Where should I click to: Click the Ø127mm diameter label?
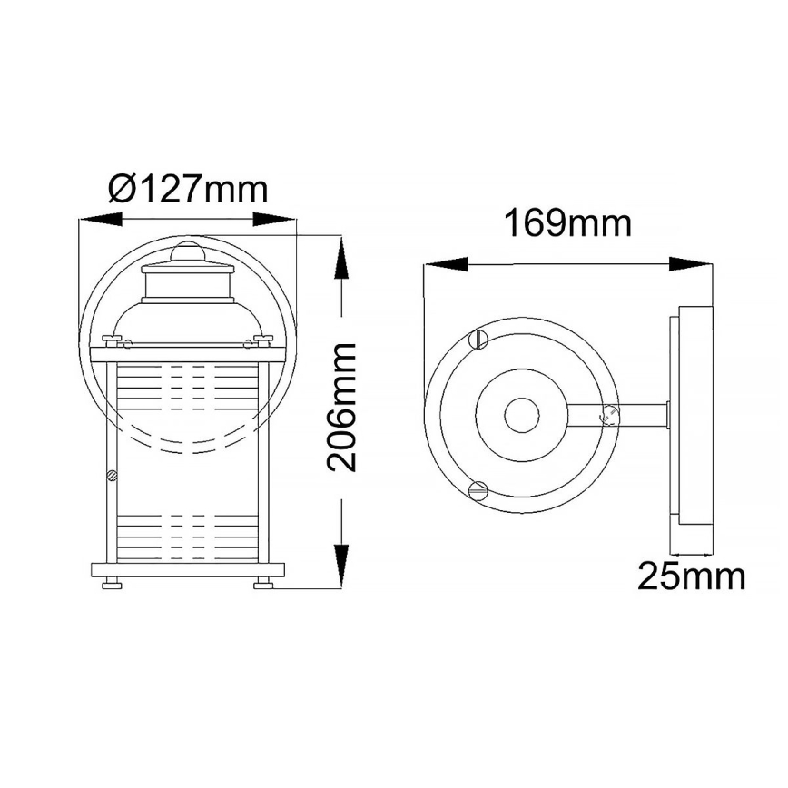[188, 190]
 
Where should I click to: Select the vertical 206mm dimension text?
[342, 406]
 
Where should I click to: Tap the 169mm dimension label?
[567, 222]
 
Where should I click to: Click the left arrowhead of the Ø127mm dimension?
[101, 219]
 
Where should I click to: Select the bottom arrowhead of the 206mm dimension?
[340, 567]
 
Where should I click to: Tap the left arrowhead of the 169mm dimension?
[446, 265]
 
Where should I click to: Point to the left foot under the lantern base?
[113, 584]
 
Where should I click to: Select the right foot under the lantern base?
[264, 584]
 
